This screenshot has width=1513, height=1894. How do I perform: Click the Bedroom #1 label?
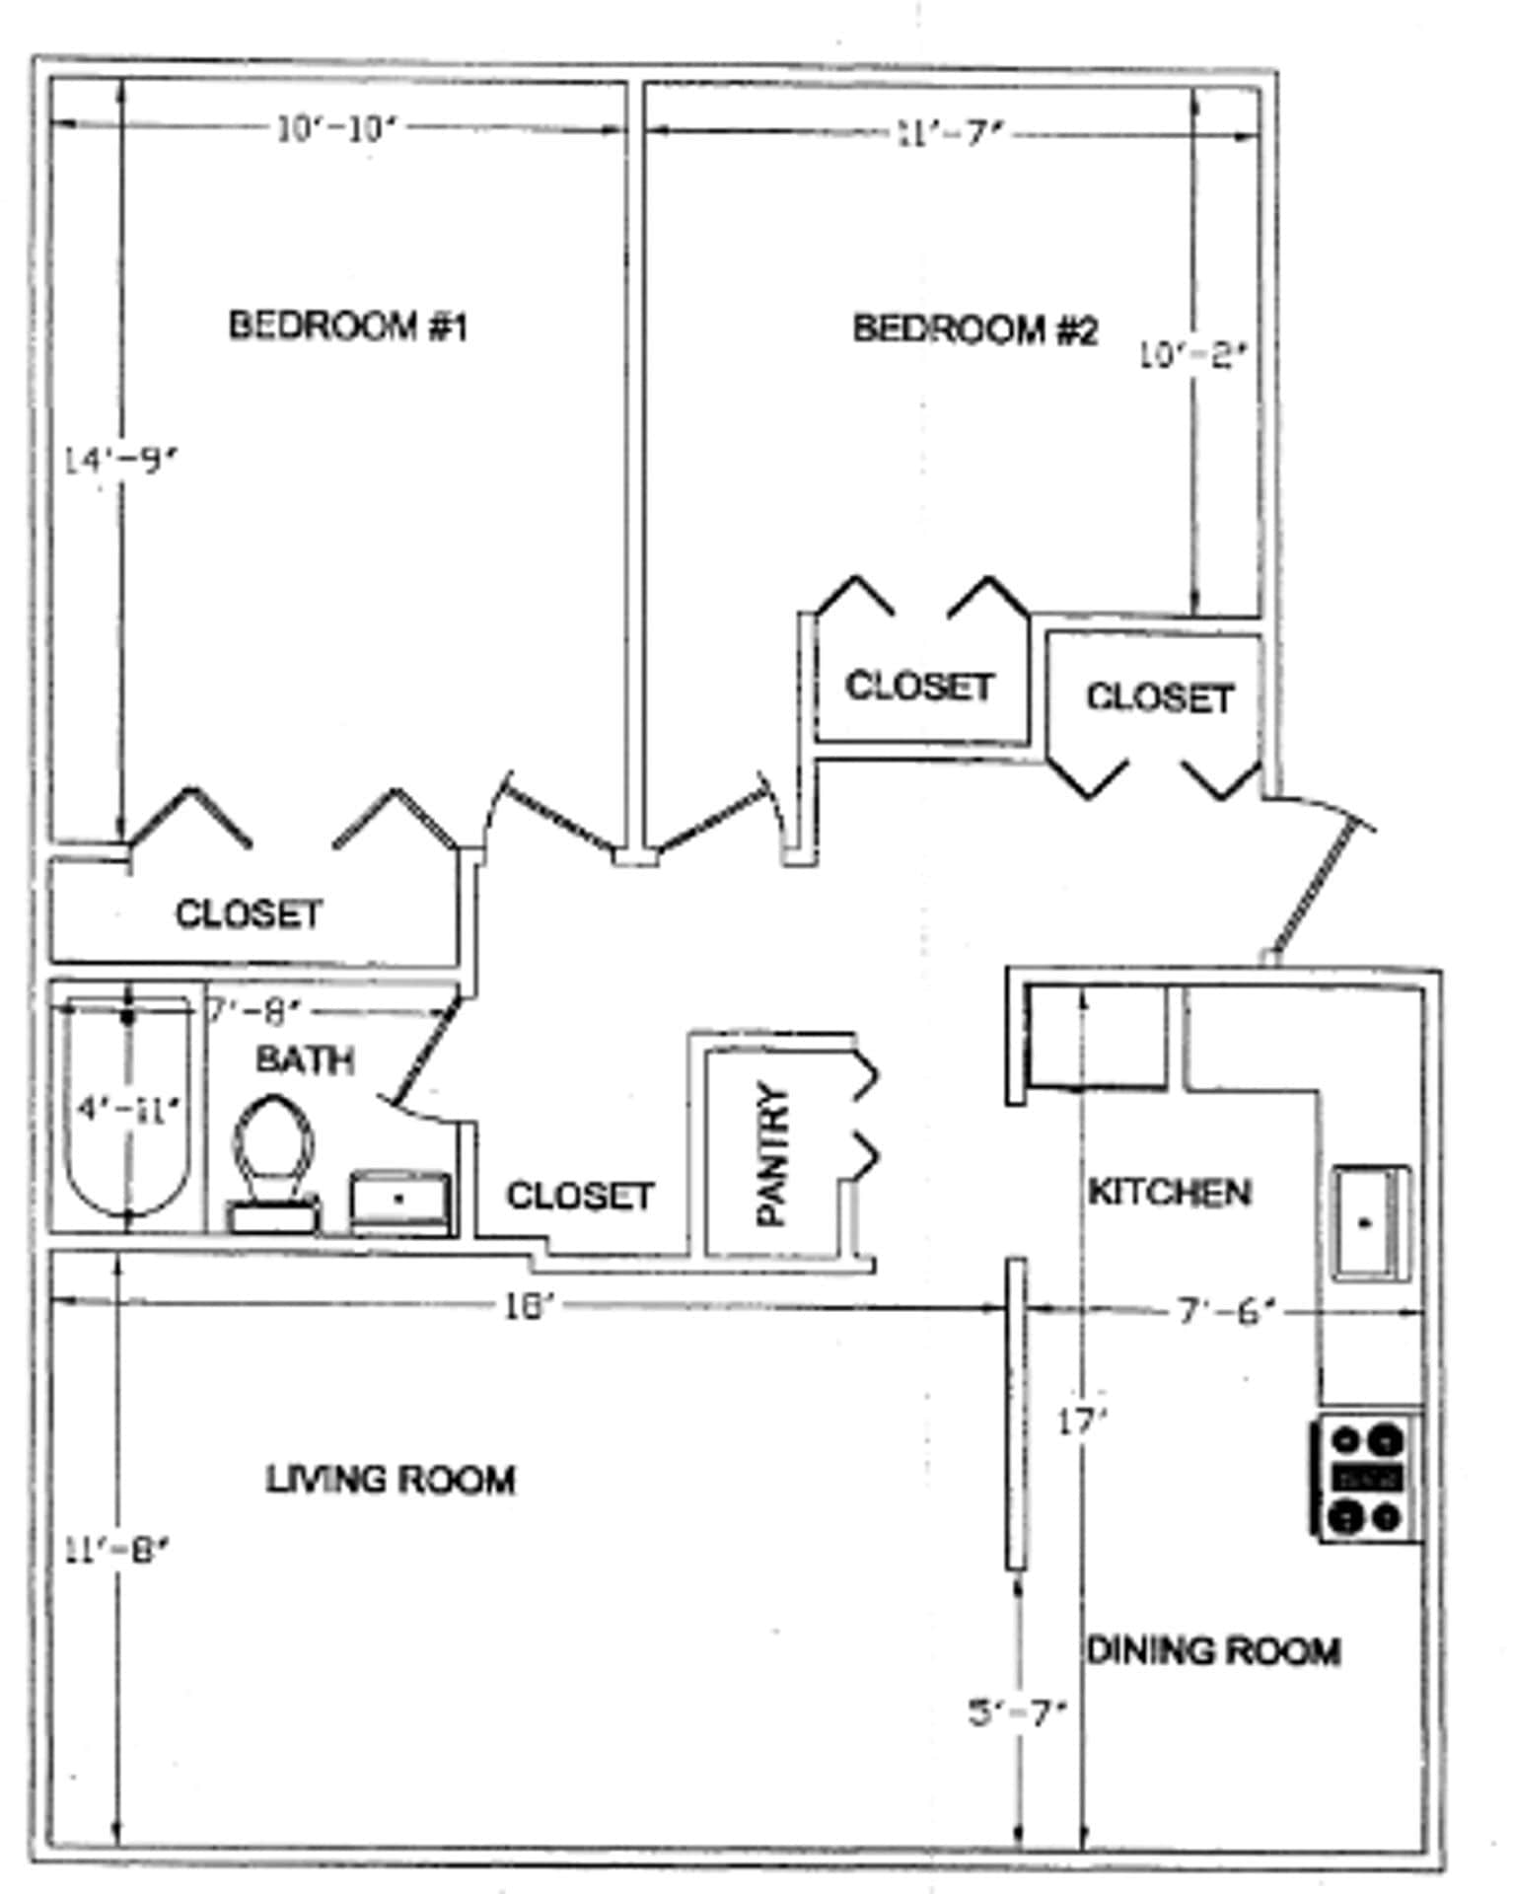[x=347, y=326]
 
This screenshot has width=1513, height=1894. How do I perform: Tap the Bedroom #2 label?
[x=973, y=329]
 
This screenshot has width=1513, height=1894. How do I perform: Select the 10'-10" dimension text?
[x=335, y=129]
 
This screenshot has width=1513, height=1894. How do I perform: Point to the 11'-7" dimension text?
[x=949, y=133]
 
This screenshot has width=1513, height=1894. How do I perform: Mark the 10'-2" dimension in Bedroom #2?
[x=1191, y=355]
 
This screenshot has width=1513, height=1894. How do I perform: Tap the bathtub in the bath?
[x=126, y=1110]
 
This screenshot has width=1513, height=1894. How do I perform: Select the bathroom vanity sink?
[x=399, y=1199]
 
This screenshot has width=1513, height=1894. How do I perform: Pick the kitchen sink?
[x=1369, y=1223]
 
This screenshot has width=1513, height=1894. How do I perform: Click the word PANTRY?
[x=772, y=1154]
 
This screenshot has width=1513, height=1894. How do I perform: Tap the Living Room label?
[x=391, y=1480]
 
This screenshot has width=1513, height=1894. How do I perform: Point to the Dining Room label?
[x=1212, y=1651]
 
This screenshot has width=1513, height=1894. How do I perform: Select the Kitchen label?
[x=1169, y=1193]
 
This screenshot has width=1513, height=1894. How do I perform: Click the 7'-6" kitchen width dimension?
[x=1226, y=1312]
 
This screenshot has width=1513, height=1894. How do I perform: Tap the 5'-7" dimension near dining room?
[x=1016, y=1713]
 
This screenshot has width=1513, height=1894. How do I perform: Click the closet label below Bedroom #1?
[x=249, y=914]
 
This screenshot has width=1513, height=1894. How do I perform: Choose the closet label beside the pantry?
[x=579, y=1197]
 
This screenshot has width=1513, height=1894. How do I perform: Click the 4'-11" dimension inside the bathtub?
[x=128, y=1110]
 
